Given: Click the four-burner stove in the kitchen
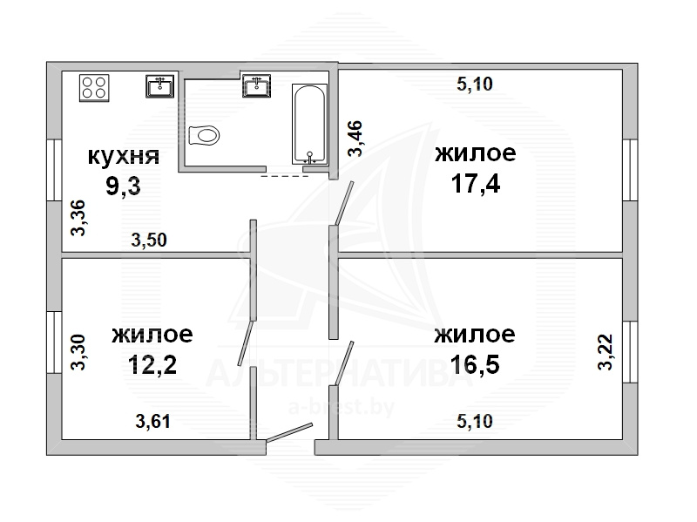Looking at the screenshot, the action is click(x=94, y=88).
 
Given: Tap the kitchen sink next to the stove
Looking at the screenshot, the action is click(x=160, y=86).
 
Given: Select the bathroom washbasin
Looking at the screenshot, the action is click(x=256, y=85).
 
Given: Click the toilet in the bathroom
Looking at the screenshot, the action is click(x=204, y=135).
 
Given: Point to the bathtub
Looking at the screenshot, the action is click(x=309, y=124).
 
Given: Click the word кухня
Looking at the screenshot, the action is click(x=124, y=157).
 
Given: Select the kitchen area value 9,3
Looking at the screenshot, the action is click(x=123, y=186).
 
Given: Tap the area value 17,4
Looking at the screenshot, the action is click(x=475, y=183).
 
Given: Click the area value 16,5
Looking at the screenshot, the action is click(x=475, y=364).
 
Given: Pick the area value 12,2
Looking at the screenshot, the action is click(x=152, y=364).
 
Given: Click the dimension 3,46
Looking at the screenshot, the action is click(x=355, y=139).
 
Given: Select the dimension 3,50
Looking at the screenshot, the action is click(x=149, y=241).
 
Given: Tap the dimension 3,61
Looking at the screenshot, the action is click(x=153, y=421).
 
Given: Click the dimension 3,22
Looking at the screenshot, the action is click(x=606, y=352).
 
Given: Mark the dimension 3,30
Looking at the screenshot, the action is click(x=78, y=352).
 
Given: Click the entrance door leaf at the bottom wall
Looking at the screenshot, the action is click(x=289, y=432).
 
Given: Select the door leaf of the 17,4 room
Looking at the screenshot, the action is click(x=344, y=203).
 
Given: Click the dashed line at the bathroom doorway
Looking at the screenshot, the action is click(x=284, y=176).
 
